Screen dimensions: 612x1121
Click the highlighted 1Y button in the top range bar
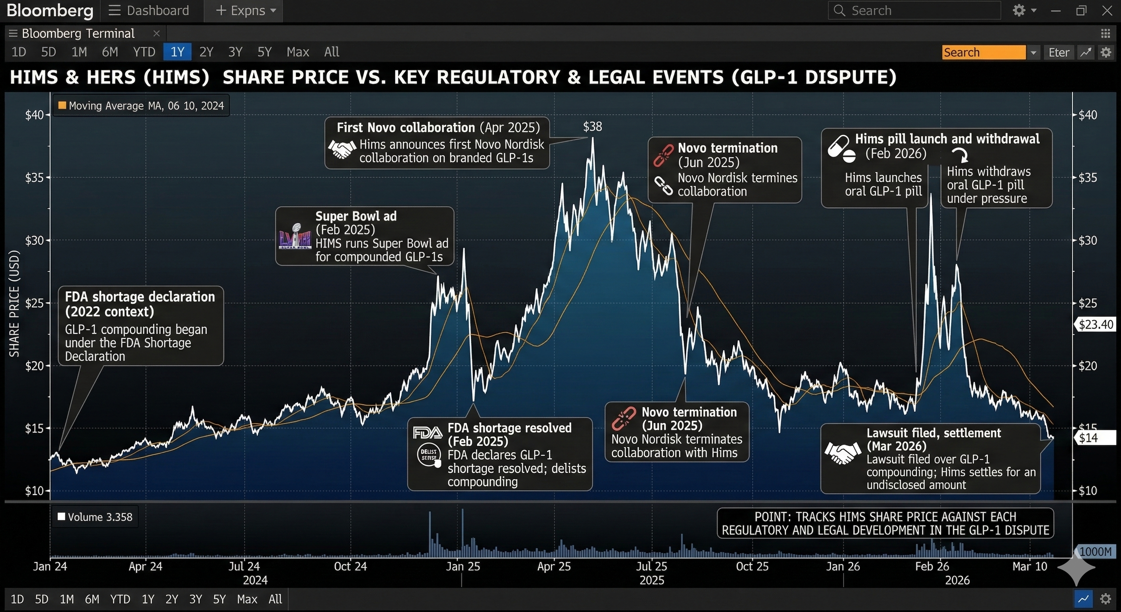point(177,52)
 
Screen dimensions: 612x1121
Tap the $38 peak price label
point(592,127)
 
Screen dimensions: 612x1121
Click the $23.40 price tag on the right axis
point(1096,324)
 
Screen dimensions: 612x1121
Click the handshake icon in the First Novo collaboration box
point(342,149)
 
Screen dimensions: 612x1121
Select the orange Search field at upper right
point(984,53)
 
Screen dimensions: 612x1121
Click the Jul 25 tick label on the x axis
point(651,566)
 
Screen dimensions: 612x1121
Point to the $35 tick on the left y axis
point(34,178)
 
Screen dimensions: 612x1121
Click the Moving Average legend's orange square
point(62,106)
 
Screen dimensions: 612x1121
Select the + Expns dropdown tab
point(246,10)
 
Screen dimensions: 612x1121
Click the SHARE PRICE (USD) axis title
point(15,304)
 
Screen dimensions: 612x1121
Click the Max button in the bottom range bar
point(247,599)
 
